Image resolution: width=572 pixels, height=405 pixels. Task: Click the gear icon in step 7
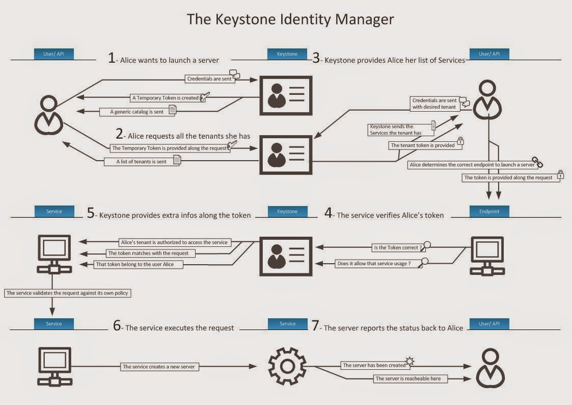point(287,365)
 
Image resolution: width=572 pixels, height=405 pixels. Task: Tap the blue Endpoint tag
point(489,211)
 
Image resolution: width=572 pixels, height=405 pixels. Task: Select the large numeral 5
point(91,214)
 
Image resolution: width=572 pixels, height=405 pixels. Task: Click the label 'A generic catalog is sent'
point(137,112)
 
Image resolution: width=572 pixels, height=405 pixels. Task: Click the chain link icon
point(538,163)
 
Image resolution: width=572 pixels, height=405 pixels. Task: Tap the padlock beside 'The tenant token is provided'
point(460,141)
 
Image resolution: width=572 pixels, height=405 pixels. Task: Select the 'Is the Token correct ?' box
point(398,248)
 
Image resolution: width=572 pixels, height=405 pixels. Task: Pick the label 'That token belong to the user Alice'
point(139,264)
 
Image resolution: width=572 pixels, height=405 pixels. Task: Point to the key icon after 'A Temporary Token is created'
point(204,97)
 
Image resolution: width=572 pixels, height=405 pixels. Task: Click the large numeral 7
point(316,326)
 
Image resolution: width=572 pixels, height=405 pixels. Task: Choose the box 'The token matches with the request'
point(148,253)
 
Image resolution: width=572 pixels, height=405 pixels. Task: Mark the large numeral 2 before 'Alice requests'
point(120,134)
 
